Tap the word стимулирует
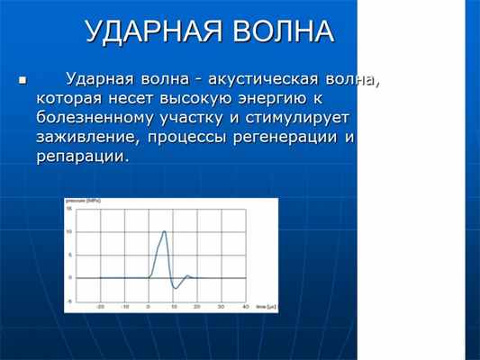point(292,118)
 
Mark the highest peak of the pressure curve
point(164,231)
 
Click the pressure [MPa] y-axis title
point(80,202)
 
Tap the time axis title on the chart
point(265,307)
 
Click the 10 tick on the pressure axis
point(69,232)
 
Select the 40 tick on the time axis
point(246,307)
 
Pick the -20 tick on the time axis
point(101,307)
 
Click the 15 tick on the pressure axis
point(69,210)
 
